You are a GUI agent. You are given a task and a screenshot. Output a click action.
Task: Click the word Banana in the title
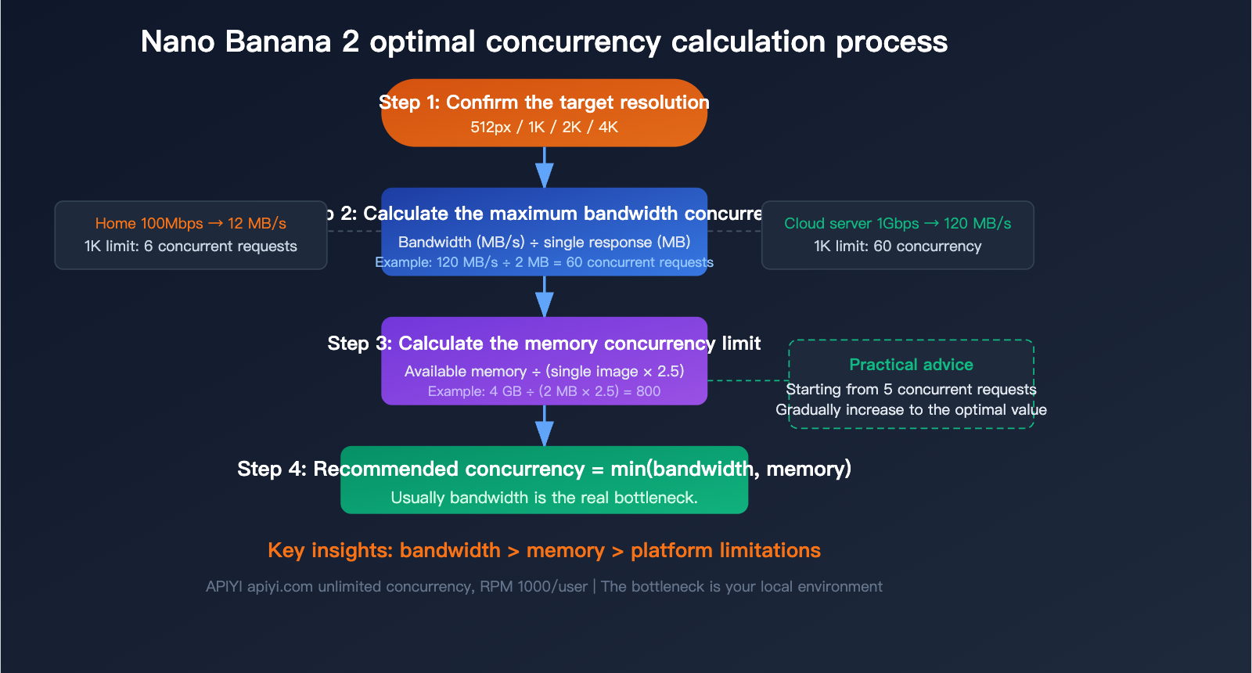coord(278,41)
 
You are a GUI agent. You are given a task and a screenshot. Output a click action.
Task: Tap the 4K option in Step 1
coord(608,127)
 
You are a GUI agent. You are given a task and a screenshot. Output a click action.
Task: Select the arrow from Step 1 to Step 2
coord(545,167)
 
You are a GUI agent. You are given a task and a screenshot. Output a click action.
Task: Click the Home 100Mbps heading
coord(190,223)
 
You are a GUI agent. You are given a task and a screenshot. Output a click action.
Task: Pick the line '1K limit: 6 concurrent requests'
coord(190,246)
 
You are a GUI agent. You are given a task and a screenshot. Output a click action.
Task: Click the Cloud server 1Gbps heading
coord(898,223)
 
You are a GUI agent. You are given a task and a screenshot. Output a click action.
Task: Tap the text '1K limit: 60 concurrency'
coord(898,246)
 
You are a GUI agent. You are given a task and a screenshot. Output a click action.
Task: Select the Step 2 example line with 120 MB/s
coord(544,262)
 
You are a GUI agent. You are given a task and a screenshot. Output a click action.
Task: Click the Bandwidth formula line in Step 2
coord(544,242)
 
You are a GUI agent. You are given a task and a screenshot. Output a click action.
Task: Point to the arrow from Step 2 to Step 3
coord(545,297)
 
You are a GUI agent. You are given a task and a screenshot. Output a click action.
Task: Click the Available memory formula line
coord(544,371)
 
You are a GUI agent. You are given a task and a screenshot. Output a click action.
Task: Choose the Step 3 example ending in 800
coord(544,391)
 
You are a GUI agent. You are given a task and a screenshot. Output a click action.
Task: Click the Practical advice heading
coord(911,365)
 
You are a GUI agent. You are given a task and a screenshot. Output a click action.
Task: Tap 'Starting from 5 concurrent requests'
coord(911,389)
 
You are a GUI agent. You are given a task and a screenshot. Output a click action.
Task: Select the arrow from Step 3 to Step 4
coord(545,426)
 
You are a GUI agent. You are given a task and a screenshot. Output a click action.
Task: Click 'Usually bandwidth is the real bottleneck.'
coord(544,498)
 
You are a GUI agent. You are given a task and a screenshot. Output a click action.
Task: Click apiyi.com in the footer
coord(280,586)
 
